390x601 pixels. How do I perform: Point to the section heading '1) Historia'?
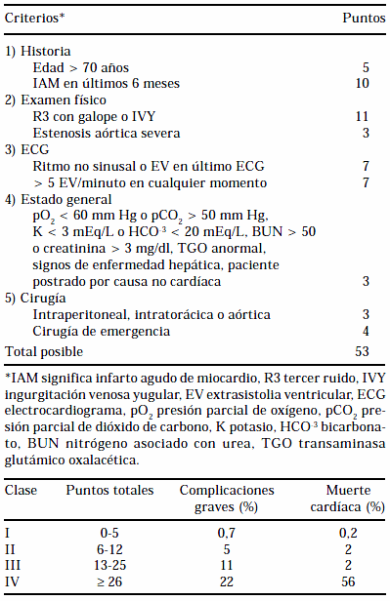click(x=38, y=50)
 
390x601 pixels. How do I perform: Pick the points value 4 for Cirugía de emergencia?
click(x=366, y=332)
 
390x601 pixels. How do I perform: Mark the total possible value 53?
click(x=363, y=350)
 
